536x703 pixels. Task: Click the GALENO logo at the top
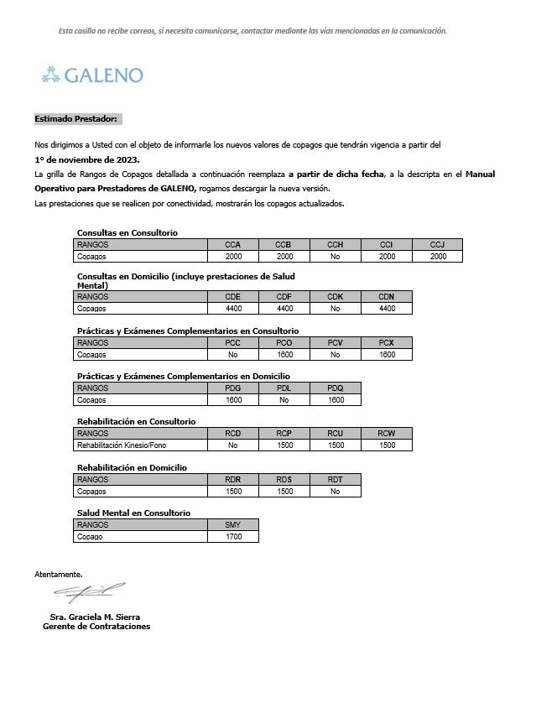pos(92,76)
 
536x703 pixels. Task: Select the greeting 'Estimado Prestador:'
pos(77,119)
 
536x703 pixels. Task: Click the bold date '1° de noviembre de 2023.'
pos(87,159)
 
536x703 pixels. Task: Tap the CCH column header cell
pos(336,245)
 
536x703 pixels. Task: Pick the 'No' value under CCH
pos(336,257)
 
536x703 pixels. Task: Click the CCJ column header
pos(437,245)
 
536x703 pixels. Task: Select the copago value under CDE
pos(233,309)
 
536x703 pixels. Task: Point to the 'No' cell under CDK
pos(336,309)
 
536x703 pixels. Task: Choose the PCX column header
pos(386,343)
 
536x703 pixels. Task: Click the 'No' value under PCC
pos(233,355)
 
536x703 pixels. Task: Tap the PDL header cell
pos(284,388)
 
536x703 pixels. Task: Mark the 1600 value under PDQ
pos(336,400)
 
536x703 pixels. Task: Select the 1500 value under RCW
pos(386,445)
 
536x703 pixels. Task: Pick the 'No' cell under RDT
pos(336,492)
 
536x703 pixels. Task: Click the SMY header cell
pos(233,525)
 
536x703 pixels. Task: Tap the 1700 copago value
pos(233,537)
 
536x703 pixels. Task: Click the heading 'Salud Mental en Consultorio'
pos(133,513)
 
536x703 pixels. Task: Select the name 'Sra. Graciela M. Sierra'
pos(96,617)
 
